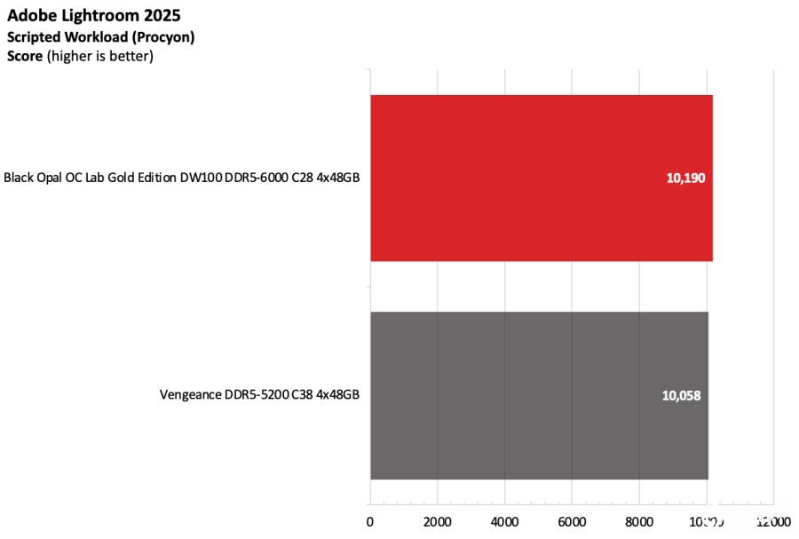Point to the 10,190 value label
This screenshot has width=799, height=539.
tap(685, 178)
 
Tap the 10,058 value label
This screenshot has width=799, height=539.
tap(681, 395)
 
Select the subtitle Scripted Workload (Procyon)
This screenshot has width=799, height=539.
tap(100, 37)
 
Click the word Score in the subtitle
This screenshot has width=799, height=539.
tap(24, 56)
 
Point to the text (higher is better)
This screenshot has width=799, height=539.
tap(100, 56)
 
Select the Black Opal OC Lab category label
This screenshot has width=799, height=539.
tap(181, 178)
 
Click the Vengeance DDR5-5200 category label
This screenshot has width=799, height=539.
tap(259, 395)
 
